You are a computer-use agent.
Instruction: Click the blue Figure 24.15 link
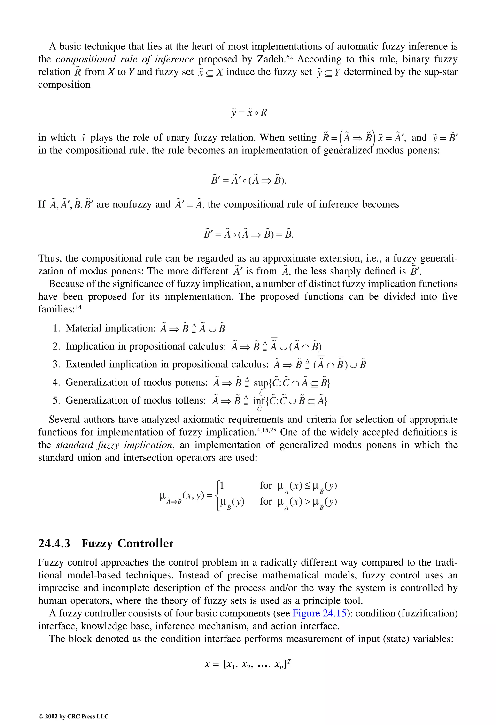(319, 613)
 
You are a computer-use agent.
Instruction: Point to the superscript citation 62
(289, 56)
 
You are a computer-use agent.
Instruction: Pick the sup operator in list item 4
(261, 382)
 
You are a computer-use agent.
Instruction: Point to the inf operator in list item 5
(259, 400)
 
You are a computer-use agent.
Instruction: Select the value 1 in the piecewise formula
(222, 485)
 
